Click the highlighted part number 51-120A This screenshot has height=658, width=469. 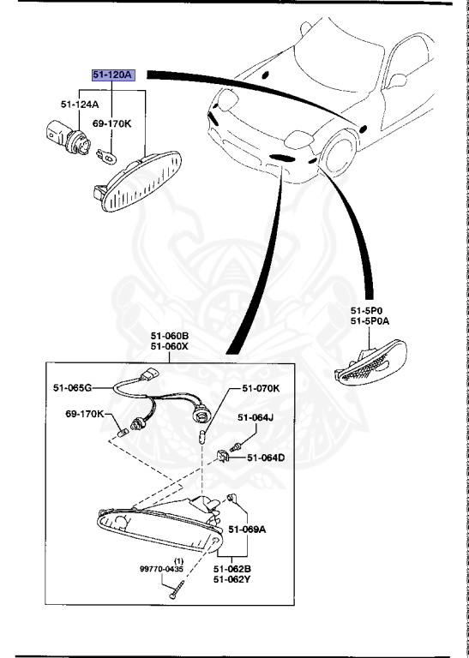tap(113, 75)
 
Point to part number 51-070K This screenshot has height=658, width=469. tap(261, 388)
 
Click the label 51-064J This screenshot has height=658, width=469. tap(255, 418)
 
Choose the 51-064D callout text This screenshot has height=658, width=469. tap(266, 458)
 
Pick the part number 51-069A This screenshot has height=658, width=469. tap(248, 529)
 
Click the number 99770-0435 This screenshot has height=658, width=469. tap(162, 568)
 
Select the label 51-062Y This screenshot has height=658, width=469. tap(232, 578)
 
